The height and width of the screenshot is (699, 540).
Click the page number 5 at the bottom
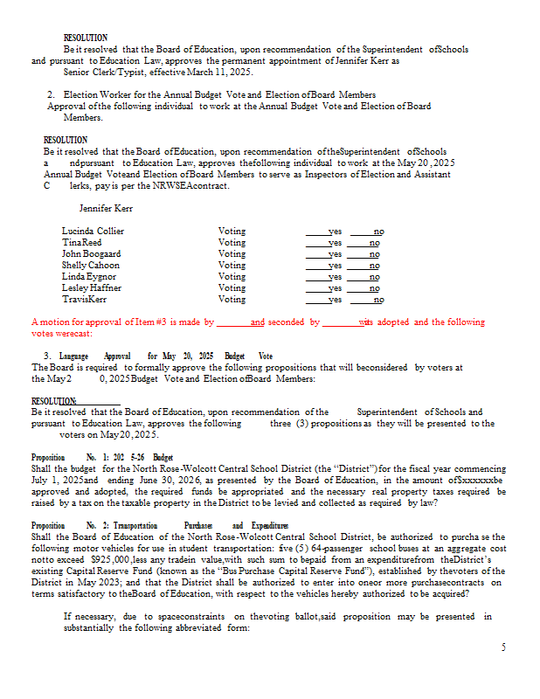[503, 647]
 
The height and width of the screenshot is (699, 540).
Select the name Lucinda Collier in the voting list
[93, 232]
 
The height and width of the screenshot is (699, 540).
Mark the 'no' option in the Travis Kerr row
[378, 300]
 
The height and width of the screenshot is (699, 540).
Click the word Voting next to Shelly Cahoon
[232, 266]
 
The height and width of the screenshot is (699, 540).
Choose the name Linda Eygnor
[88, 277]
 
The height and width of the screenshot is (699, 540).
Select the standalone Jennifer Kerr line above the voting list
[106, 209]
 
